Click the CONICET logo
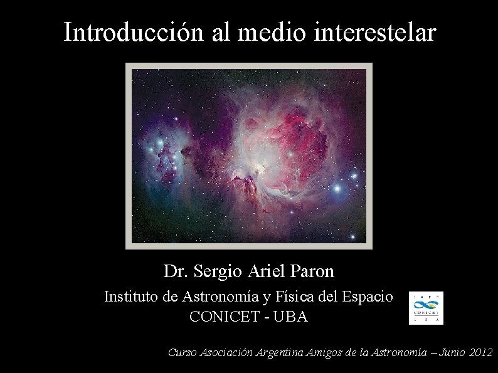point(426,308)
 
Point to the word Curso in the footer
point(183,353)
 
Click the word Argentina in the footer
point(280,353)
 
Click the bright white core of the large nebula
point(257,168)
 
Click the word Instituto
point(131,297)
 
